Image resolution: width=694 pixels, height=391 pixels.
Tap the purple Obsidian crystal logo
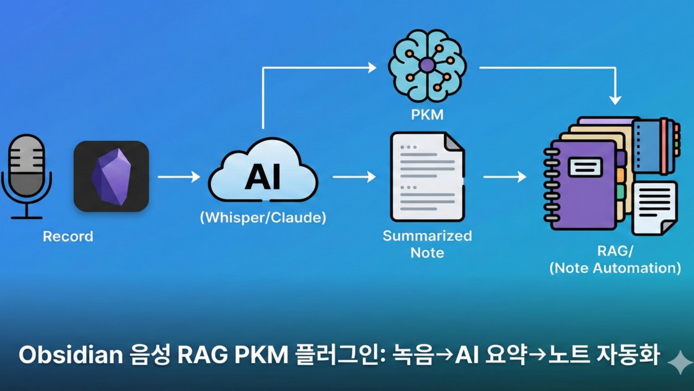[x=111, y=177]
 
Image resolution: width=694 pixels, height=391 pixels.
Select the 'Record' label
[x=68, y=236]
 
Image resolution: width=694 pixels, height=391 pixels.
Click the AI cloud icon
[x=263, y=174]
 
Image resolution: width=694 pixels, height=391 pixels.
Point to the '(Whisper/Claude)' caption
[x=263, y=218]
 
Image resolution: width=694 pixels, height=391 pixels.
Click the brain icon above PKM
[x=427, y=65]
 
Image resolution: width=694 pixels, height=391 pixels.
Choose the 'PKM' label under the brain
[x=427, y=115]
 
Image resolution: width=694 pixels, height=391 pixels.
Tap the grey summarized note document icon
[x=427, y=177]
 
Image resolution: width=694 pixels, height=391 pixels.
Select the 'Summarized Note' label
[x=427, y=244]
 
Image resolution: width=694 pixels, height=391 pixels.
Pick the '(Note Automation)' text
[x=615, y=268]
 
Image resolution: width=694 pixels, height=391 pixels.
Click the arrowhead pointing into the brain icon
[x=372, y=68]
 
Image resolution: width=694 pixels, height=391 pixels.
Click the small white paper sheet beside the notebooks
[x=654, y=208]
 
